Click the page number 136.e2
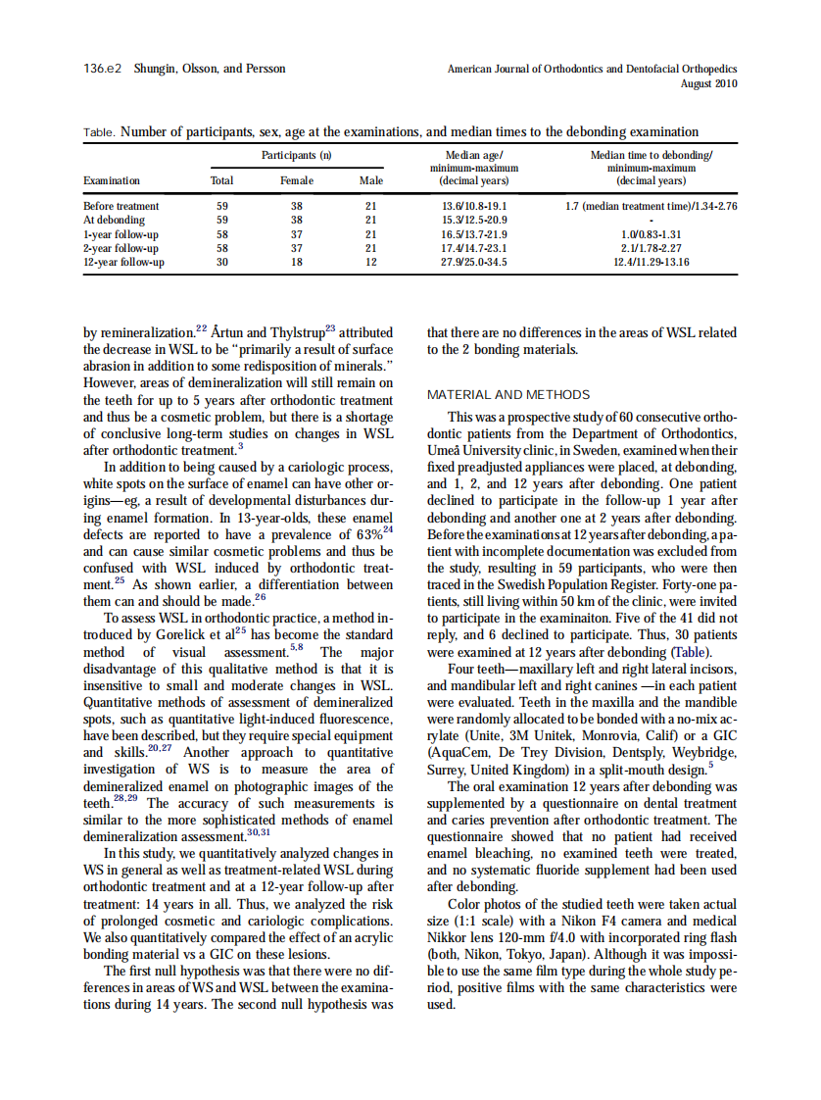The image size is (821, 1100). (102, 69)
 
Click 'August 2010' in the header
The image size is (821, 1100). (708, 83)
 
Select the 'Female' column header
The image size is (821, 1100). (297, 180)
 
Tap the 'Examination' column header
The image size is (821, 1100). (112, 180)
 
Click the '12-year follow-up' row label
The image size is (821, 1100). (123, 263)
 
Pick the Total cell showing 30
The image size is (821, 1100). (222, 263)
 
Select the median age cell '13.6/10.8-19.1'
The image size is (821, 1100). (474, 207)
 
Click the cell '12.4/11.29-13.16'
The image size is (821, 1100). (652, 263)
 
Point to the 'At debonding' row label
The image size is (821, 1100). (114, 221)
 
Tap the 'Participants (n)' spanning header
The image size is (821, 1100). (296, 156)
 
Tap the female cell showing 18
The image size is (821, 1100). (297, 263)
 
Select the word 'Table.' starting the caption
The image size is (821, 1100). (100, 132)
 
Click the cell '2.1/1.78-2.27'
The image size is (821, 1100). (652, 249)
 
